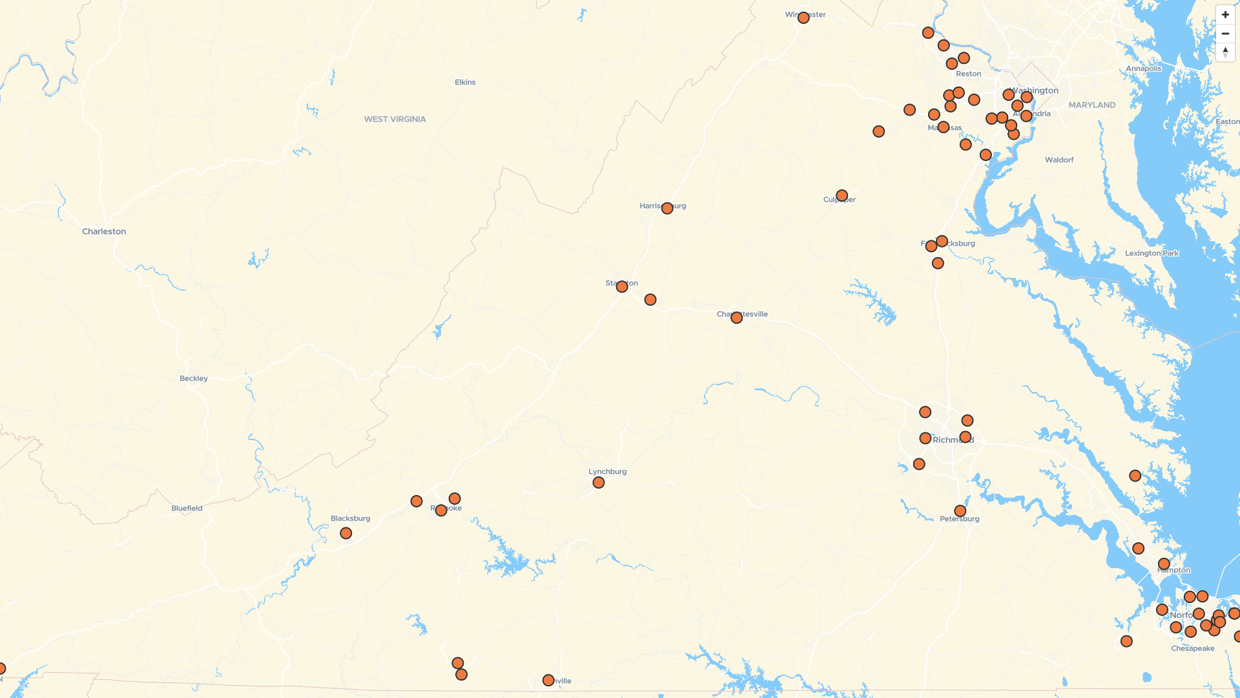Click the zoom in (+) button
pos(1225,15)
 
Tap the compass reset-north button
pos(1225,52)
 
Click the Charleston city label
pos(104,231)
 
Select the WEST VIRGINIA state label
pos(395,119)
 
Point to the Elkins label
pos(465,82)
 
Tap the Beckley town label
pos(194,378)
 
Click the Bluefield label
pos(187,508)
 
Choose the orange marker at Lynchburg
pos(599,483)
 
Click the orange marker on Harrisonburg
pos(667,208)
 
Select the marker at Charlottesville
pos(736,317)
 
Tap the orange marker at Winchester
pos(803,17)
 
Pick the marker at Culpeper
pos(842,195)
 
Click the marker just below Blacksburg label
pos(346,533)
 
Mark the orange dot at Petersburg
pos(960,511)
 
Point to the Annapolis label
pos(1143,69)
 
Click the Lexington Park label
pos(1152,253)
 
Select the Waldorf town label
pos(1059,160)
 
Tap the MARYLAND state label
pos(1092,105)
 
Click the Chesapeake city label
pos(1193,648)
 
